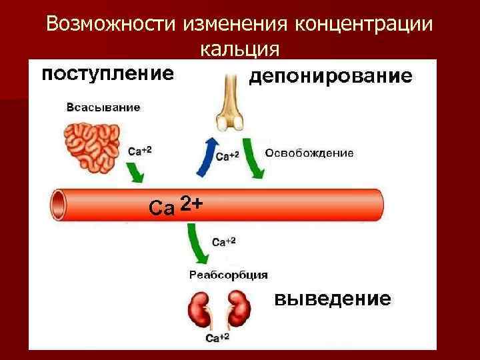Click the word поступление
pos(107,73)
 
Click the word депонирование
pos(330,77)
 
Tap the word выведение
pos(333,298)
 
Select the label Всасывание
pos(103,107)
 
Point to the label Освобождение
pos(309,153)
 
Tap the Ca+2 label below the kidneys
pos(217,338)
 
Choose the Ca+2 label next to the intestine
pos(139,151)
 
